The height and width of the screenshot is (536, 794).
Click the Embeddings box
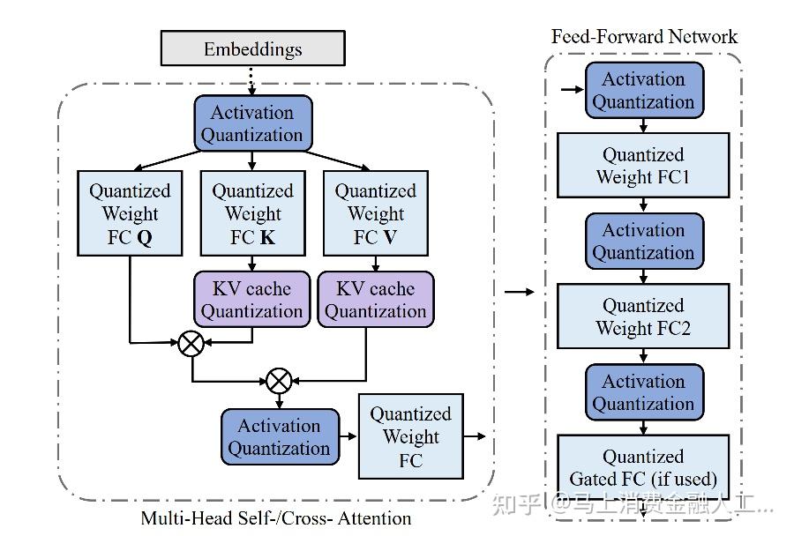pos(252,48)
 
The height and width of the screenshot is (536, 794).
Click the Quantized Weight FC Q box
pos(130,214)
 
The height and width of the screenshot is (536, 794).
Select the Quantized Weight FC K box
pos(252,214)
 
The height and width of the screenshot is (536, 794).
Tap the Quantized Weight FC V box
pos(375,214)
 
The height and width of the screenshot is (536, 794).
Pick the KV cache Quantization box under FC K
pos(252,300)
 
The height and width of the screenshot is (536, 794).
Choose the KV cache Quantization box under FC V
pos(375,300)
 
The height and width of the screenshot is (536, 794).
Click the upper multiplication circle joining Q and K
pos(191,343)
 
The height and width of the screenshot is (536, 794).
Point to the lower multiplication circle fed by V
pos(279,381)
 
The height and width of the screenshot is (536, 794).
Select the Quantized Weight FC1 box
pos(643,166)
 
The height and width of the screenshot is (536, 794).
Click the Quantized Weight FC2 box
pos(643,316)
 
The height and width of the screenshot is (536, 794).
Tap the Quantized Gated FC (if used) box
pos(643,468)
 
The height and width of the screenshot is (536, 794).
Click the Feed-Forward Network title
pos(644,36)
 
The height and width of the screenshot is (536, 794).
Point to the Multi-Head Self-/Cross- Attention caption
pos(276,518)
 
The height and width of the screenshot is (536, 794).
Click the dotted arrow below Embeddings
pos(252,80)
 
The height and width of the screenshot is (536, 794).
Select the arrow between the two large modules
pos(520,292)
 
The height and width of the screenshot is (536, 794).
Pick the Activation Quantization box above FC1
pos(644,90)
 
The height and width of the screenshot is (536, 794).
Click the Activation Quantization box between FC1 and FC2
pos(644,242)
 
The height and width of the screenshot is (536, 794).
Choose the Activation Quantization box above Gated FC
pos(644,392)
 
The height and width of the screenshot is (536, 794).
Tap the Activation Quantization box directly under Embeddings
pos(252,123)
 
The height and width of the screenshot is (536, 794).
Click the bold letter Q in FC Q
pos(145,238)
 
